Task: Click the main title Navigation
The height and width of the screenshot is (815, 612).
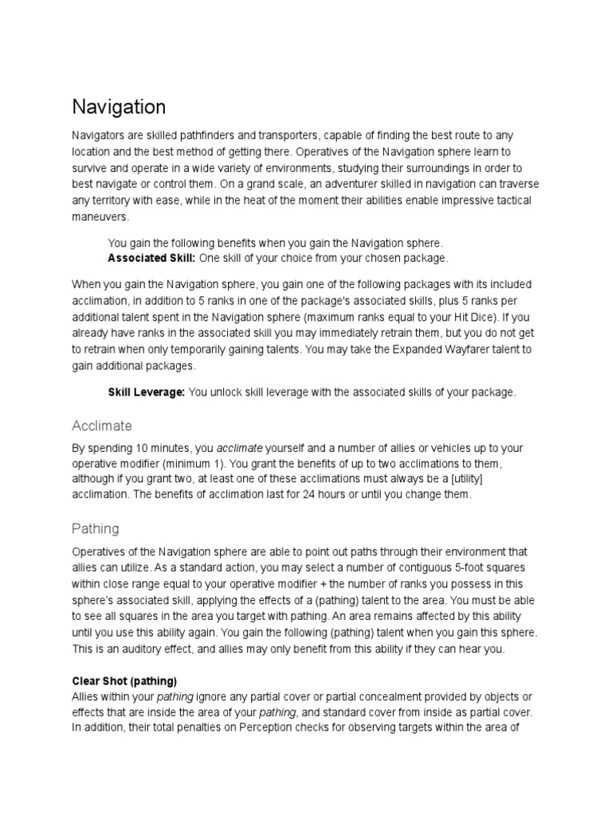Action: pos(119,107)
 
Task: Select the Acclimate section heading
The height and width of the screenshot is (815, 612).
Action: pos(102,425)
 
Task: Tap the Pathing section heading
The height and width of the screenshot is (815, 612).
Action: pos(96,528)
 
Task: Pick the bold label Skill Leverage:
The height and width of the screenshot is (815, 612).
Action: pos(147,392)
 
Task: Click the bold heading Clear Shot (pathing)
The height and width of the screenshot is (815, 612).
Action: pos(124,681)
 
